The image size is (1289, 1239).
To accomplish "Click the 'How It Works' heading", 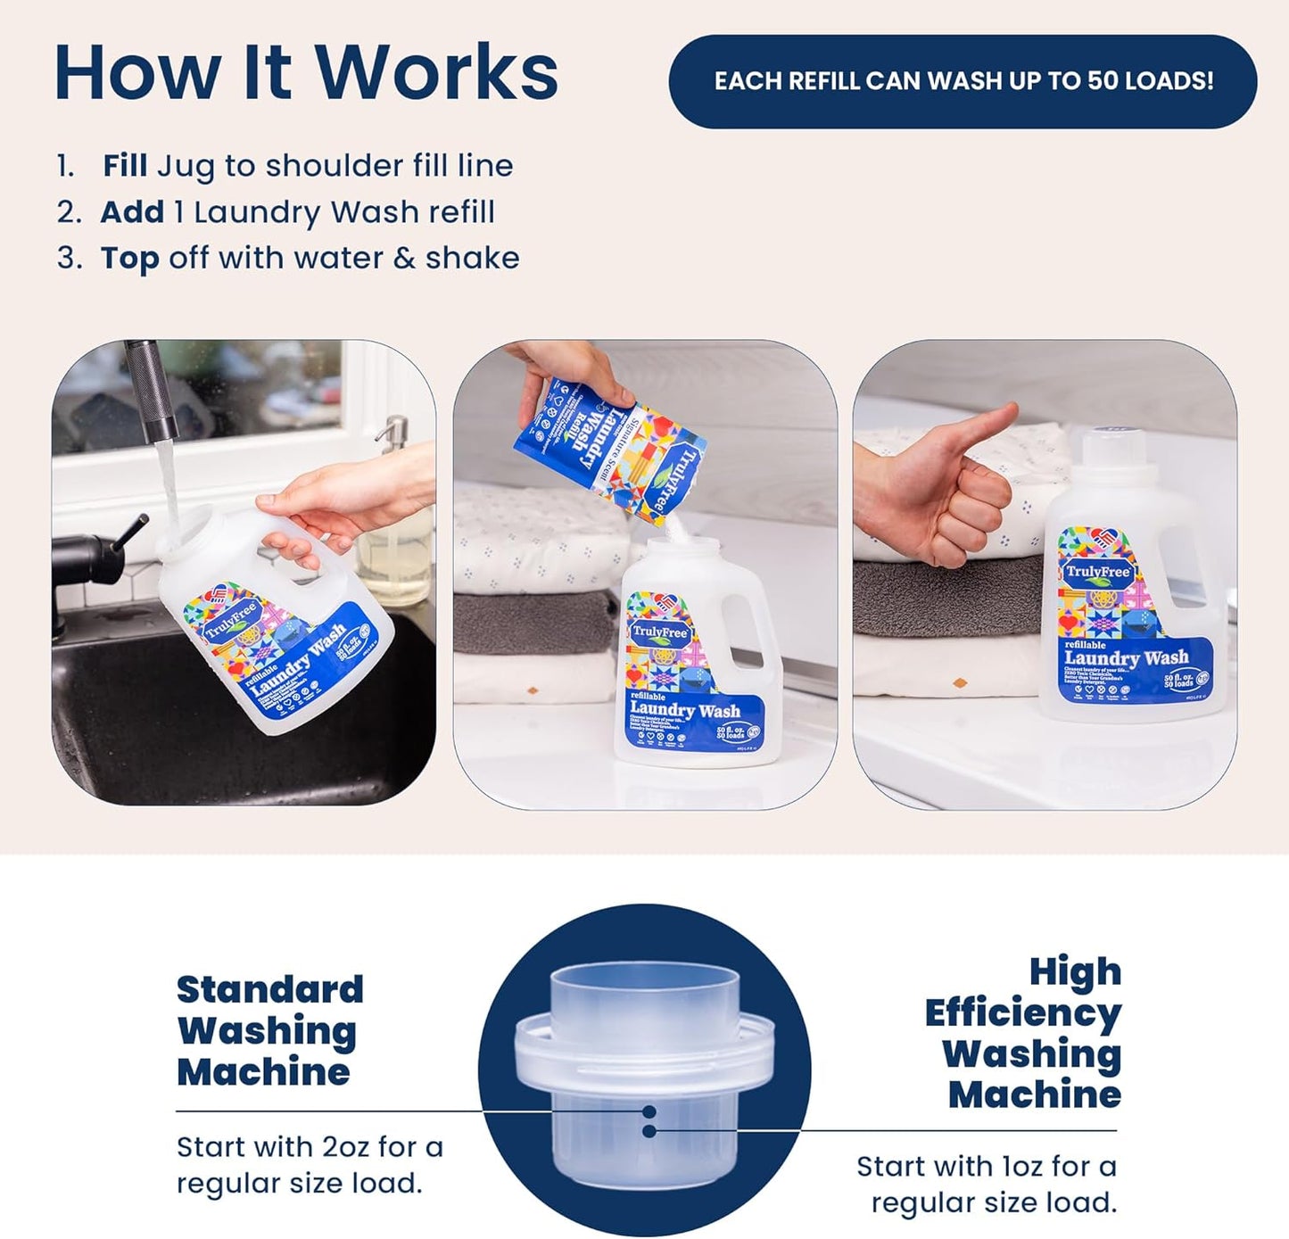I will coord(306,73).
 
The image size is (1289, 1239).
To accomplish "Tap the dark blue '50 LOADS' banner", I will coord(963,81).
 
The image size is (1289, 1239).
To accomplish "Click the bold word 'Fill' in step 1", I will coord(124,166).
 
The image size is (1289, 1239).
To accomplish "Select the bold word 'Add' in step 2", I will coord(131,212).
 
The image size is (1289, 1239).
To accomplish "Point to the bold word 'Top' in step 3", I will coord(129,258).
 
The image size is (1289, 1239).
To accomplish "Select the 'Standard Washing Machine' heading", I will coord(269,1030).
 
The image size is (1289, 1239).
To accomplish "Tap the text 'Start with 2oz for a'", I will coord(310,1146).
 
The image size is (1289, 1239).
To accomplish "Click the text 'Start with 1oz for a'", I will coord(986,1166).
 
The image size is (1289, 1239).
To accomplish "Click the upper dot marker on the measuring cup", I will coord(650,1111).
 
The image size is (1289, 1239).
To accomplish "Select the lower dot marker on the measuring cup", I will coord(650,1131).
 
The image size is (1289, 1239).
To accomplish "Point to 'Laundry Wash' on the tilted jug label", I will coord(298,661).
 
